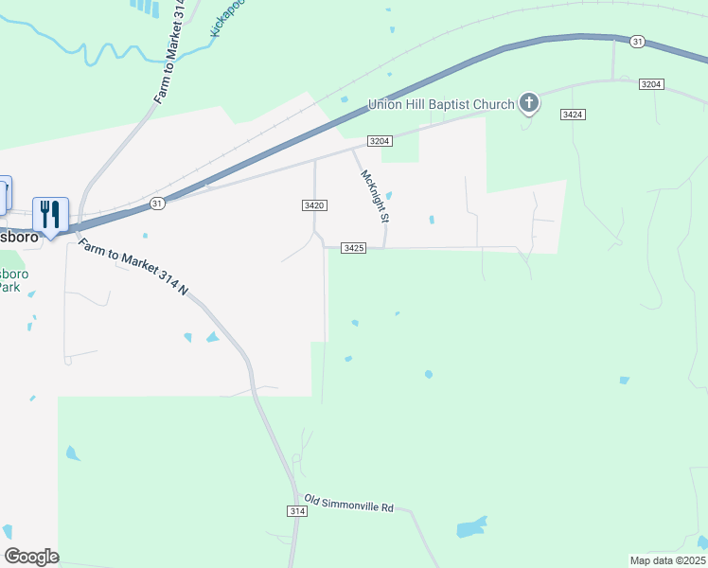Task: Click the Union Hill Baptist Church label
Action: pyautogui.click(x=441, y=103)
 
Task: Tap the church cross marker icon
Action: pyautogui.click(x=528, y=103)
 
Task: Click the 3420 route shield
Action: pyautogui.click(x=315, y=205)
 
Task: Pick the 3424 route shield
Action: pyautogui.click(x=572, y=115)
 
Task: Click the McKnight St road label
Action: pyautogui.click(x=376, y=196)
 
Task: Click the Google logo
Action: pyautogui.click(x=31, y=557)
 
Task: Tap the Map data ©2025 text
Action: pyautogui.click(x=667, y=560)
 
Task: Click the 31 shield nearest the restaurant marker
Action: pyautogui.click(x=157, y=203)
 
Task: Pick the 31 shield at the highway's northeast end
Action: pyautogui.click(x=638, y=42)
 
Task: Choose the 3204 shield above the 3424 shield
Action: pyautogui.click(x=650, y=84)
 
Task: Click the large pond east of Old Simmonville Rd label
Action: pyautogui.click(x=470, y=527)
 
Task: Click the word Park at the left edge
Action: pyautogui.click(x=9, y=287)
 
